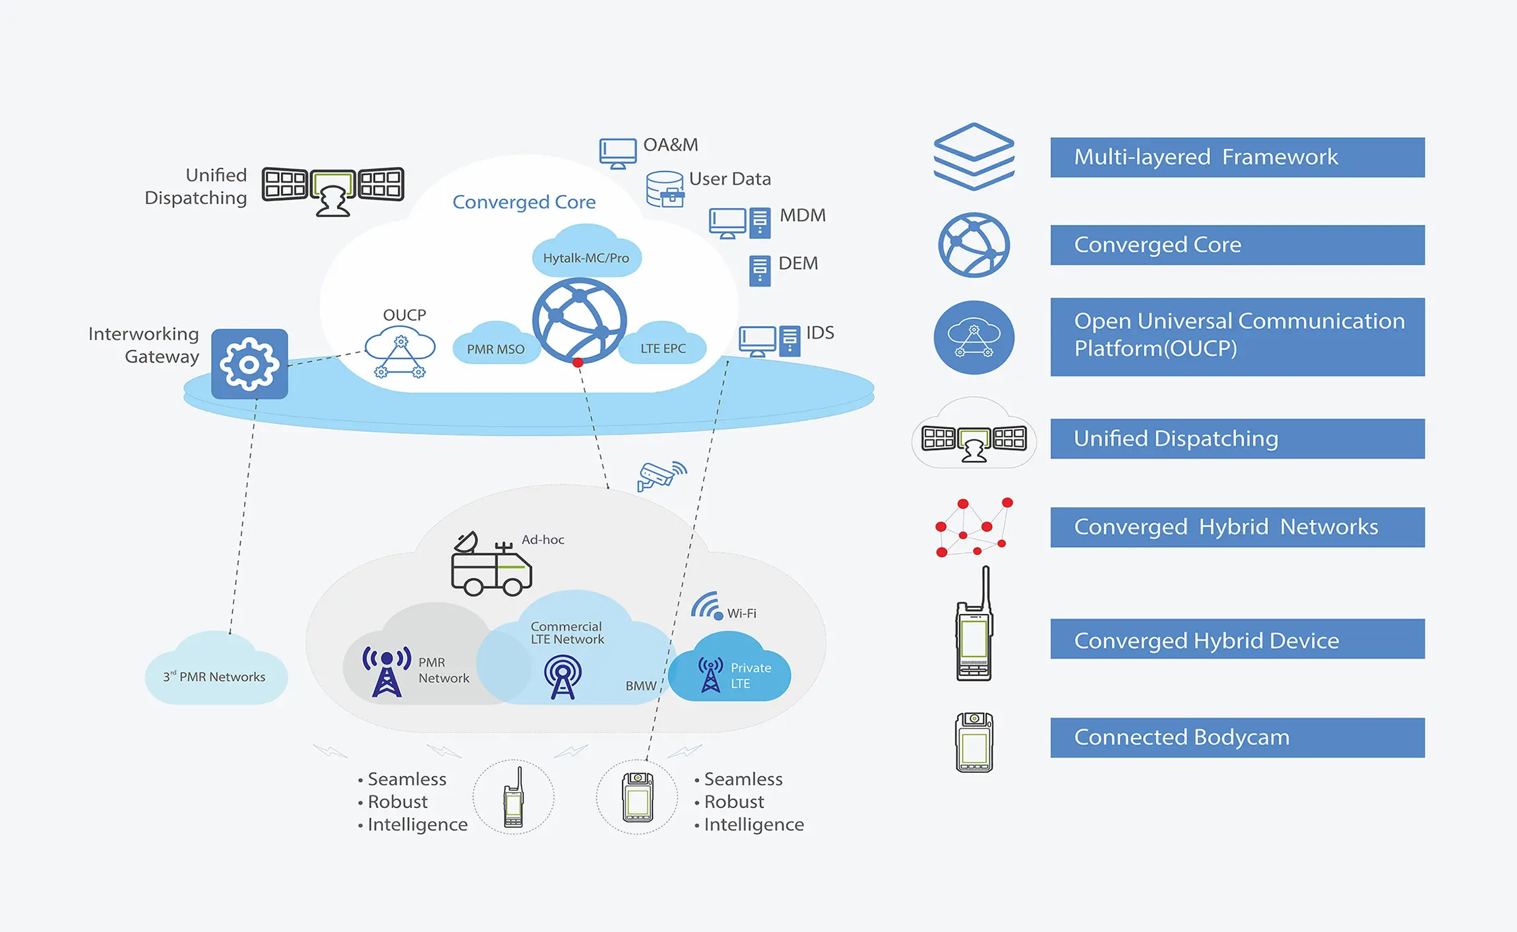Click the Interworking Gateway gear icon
(x=249, y=364)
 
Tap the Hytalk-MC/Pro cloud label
(x=586, y=257)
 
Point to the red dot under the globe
(x=578, y=362)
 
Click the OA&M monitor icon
(x=617, y=152)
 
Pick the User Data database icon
(x=665, y=189)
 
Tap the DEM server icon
(x=759, y=270)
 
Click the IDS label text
(x=820, y=333)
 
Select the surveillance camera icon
(x=660, y=475)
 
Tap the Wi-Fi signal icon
(x=707, y=606)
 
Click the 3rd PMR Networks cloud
(x=216, y=673)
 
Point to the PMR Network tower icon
(x=387, y=671)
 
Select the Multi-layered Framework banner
(x=1237, y=157)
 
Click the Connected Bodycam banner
(x=1237, y=737)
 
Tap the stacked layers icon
(x=974, y=156)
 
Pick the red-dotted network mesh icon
(x=973, y=527)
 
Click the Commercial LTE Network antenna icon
(x=563, y=677)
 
